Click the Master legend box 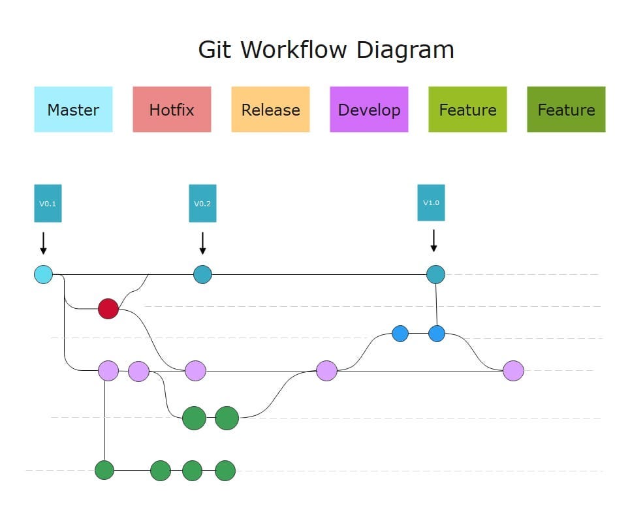tap(73, 109)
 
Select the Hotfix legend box tap(172, 109)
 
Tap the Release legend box tap(270, 109)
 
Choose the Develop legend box tap(369, 109)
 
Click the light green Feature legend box tap(467, 109)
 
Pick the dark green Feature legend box tap(566, 109)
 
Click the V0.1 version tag tap(48, 203)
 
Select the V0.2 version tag tap(202, 203)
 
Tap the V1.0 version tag tap(431, 202)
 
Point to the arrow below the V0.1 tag tap(43, 243)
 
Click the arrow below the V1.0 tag tap(433, 241)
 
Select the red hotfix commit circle tap(108, 309)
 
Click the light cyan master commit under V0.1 tap(43, 274)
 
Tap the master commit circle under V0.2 tap(202, 274)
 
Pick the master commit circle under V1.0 tap(435, 274)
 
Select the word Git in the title tap(215, 50)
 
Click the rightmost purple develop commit tap(514, 371)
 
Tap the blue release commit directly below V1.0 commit tap(437, 334)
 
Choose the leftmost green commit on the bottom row tap(104, 470)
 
